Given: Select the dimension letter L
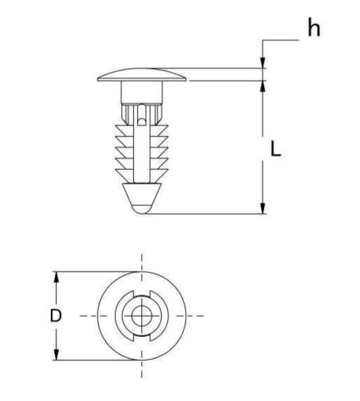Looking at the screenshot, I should point(276,149).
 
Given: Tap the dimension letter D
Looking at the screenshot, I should point(56,315).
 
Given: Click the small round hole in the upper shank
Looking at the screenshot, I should point(141,122).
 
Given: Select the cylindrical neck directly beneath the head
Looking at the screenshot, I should point(141,92).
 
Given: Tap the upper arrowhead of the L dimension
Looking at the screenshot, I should point(263,86).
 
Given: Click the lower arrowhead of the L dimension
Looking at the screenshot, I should point(263,208).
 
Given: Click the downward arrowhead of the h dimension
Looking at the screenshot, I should point(263,63).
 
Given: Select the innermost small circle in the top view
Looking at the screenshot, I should point(142,315).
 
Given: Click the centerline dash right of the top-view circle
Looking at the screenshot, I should point(198,315).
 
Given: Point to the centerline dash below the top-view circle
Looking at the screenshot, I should point(142,370).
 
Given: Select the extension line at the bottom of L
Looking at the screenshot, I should point(209,214).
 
